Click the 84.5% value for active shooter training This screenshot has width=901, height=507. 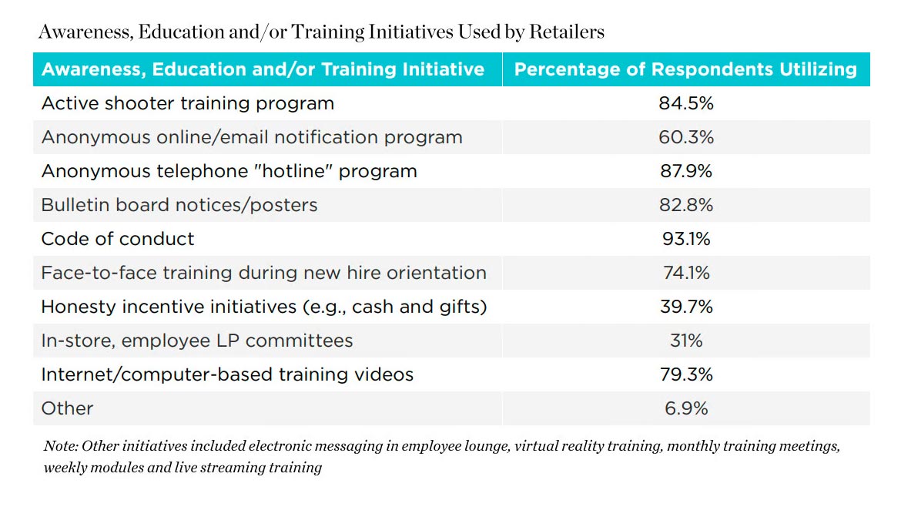pyautogui.click(x=685, y=103)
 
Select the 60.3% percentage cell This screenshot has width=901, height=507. pyautogui.click(x=685, y=137)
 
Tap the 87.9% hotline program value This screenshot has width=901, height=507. pyautogui.click(x=685, y=171)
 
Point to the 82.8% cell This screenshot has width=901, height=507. pyautogui.click(x=685, y=205)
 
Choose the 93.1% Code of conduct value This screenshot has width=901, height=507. pyautogui.click(x=685, y=239)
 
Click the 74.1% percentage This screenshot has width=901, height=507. pyautogui.click(x=685, y=273)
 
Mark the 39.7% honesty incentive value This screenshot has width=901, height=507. pyautogui.click(x=685, y=307)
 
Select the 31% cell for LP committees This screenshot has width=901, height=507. pyautogui.click(x=685, y=341)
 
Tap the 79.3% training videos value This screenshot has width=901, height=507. pyautogui.click(x=685, y=374)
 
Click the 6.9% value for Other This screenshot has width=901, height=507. pyautogui.click(x=685, y=408)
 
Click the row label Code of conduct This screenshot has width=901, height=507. pyautogui.click(x=118, y=239)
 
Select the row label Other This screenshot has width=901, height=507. pyautogui.click(x=67, y=408)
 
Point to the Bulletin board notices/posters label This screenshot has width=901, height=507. pyautogui.click(x=179, y=205)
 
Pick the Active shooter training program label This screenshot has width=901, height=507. pyautogui.click(x=188, y=103)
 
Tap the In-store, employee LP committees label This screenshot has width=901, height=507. pyautogui.click(x=197, y=341)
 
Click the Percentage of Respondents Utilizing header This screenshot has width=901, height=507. pyautogui.click(x=685, y=69)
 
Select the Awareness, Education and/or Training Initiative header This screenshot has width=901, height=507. pyautogui.click(x=263, y=69)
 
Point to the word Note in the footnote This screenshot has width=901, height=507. pyautogui.click(x=60, y=446)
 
